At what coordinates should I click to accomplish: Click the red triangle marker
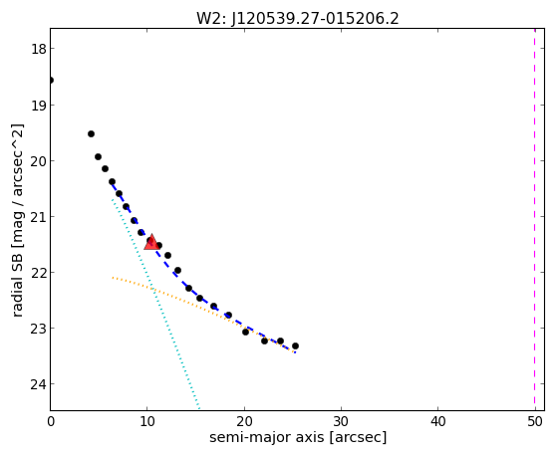[151, 242]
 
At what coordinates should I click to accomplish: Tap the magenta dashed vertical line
[535, 219]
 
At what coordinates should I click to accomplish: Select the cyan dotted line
[156, 305]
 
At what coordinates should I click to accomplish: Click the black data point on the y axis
[51, 80]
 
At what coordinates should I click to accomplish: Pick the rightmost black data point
[295, 345]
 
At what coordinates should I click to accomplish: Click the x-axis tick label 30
[341, 421]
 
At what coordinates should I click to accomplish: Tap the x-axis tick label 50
[535, 421]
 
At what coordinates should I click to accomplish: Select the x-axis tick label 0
[51, 421]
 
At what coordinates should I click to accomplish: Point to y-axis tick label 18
[38, 49]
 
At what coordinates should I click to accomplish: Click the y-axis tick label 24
[38, 384]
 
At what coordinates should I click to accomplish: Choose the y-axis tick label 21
[38, 216]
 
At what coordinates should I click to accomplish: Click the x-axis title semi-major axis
[266, 437]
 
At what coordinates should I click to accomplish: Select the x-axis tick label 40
[438, 421]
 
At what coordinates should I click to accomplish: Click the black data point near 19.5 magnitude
[91, 133]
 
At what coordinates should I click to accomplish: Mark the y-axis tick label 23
[38, 329]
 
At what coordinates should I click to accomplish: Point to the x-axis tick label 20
[244, 421]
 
